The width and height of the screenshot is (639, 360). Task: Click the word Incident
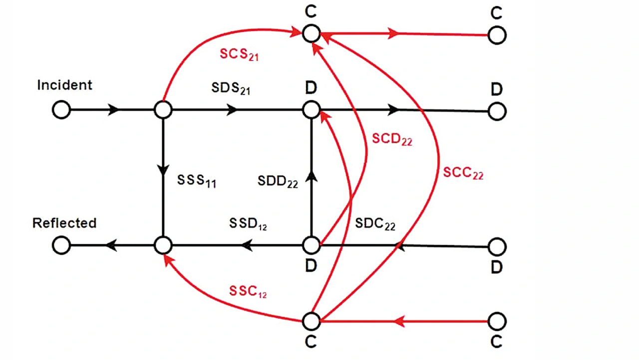pyautogui.click(x=64, y=85)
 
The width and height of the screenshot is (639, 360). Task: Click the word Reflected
pyautogui.click(x=64, y=223)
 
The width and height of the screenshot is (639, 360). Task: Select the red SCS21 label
pyautogui.click(x=239, y=54)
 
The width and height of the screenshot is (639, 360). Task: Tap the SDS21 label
pyautogui.click(x=230, y=88)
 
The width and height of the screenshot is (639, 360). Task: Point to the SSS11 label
pyautogui.click(x=196, y=181)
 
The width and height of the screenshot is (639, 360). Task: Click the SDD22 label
pyautogui.click(x=278, y=181)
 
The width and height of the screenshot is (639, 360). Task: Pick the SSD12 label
pyautogui.click(x=248, y=224)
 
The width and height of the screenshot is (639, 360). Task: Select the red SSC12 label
pyautogui.click(x=248, y=292)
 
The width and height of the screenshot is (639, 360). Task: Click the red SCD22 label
pyautogui.click(x=392, y=139)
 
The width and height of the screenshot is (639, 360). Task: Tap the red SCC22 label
pyautogui.click(x=463, y=173)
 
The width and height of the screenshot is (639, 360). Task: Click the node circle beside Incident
pyautogui.click(x=61, y=110)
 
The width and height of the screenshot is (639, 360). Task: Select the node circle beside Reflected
pyautogui.click(x=61, y=246)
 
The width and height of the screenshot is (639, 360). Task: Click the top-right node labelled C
pyautogui.click(x=496, y=35)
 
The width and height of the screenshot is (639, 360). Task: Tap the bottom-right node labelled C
pyautogui.click(x=496, y=322)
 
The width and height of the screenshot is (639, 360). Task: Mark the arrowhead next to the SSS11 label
pyautogui.click(x=163, y=169)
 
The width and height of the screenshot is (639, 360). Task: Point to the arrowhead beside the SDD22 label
pyautogui.click(x=311, y=175)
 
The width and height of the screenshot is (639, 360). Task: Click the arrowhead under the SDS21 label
pyautogui.click(x=232, y=110)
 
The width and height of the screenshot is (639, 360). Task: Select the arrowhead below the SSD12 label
pyautogui.click(x=246, y=245)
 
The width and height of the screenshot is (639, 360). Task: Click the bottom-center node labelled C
pyautogui.click(x=311, y=322)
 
